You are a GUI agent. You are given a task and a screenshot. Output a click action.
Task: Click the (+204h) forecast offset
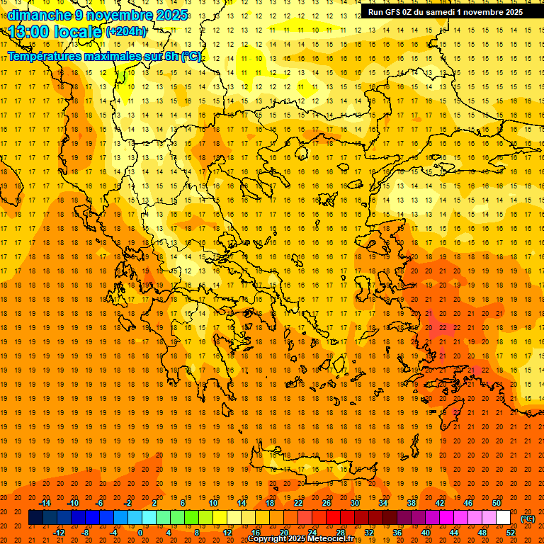pyautogui.click(x=126, y=32)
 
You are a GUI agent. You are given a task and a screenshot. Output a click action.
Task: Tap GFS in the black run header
pyautogui.click(x=395, y=11)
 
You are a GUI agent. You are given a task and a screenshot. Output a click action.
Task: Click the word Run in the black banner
pyautogui.click(x=376, y=11)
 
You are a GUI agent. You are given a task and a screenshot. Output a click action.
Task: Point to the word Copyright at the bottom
pyautogui.click(x=267, y=539)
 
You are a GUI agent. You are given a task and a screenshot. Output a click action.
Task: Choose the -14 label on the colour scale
pyautogui.click(x=45, y=503)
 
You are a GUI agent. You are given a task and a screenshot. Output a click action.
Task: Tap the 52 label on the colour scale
pyautogui.click(x=511, y=532)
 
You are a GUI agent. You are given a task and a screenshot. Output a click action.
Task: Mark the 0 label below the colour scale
pyautogui.click(x=140, y=532)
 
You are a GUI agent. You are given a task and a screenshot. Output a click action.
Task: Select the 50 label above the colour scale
pyautogui.click(x=497, y=503)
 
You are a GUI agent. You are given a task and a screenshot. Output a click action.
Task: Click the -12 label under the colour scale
pyautogui.click(x=59, y=532)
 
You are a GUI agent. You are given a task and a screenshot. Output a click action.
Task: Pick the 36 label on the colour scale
pyautogui.click(x=397, y=532)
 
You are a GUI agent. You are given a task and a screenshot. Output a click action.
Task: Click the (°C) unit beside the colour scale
pyautogui.click(x=528, y=518)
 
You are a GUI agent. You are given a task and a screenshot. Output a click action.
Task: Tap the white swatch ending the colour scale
pyautogui.click(x=504, y=518)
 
